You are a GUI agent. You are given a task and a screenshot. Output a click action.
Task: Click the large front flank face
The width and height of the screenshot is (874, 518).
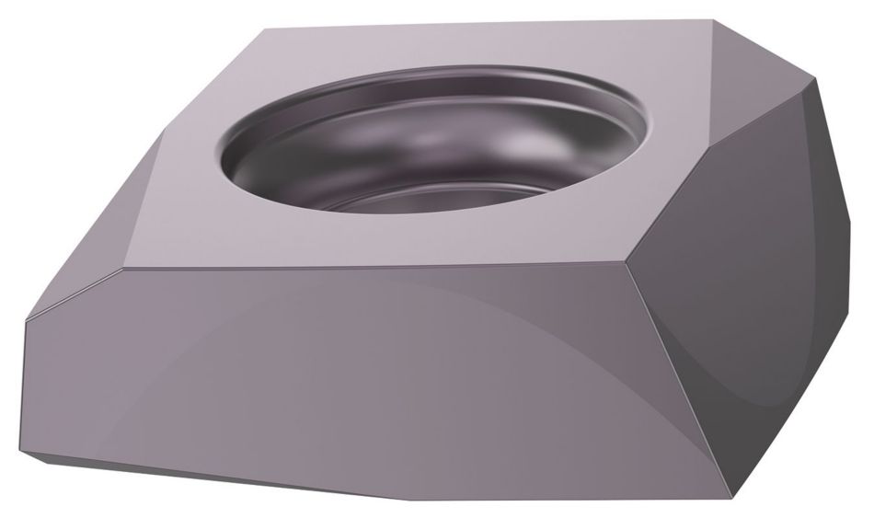368,386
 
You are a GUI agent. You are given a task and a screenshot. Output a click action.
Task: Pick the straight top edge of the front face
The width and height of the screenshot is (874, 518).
368,271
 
